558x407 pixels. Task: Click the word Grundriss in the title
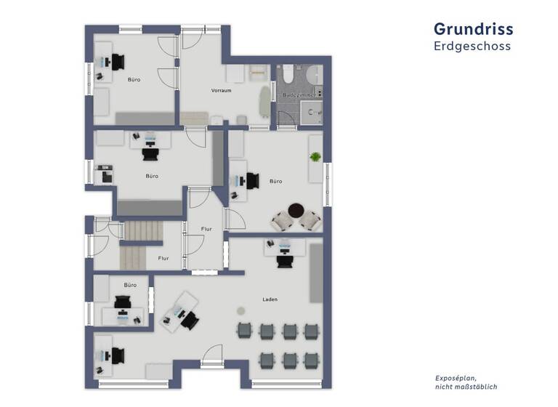tap(473, 28)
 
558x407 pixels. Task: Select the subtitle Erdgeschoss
tap(472, 46)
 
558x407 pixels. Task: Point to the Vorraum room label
tap(221, 91)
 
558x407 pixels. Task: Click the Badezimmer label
tap(298, 95)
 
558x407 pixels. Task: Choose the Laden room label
tap(270, 299)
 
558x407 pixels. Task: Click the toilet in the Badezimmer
tap(288, 73)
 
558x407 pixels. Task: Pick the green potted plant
tap(315, 157)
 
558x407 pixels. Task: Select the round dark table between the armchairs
tap(295, 211)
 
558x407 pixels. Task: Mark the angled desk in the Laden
tap(179, 312)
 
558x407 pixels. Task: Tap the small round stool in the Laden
tap(241, 310)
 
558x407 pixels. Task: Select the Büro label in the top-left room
tap(134, 79)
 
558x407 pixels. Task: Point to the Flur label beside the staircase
tap(163, 257)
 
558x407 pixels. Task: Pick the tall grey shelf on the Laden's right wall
tap(315, 272)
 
